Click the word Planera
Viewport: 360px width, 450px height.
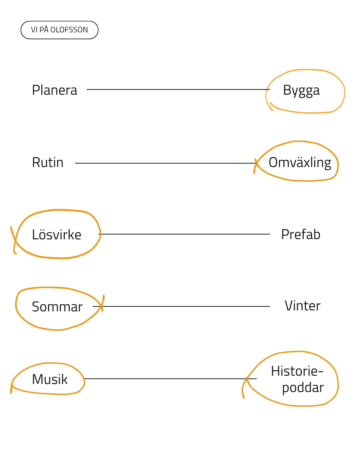point(55,90)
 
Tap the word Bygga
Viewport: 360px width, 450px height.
point(301,91)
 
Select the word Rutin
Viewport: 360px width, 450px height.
point(48,162)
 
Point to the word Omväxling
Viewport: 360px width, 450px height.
point(300,163)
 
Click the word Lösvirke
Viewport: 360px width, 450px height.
point(56,234)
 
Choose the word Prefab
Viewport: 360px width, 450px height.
point(301,234)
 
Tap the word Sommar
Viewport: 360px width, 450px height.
point(57,307)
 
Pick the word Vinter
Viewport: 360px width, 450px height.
point(302,306)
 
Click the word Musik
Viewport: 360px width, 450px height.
point(50,379)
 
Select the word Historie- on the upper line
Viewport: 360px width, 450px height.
point(297,371)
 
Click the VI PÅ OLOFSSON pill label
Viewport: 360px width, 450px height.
point(59,30)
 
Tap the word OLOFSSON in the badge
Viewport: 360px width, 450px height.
point(69,30)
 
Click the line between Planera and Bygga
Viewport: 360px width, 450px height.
point(178,89)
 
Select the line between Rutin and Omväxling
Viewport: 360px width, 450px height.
point(165,163)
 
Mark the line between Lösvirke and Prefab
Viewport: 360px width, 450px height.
point(184,234)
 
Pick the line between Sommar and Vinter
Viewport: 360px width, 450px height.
point(181,306)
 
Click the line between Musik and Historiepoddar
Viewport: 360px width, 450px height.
point(170,378)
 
